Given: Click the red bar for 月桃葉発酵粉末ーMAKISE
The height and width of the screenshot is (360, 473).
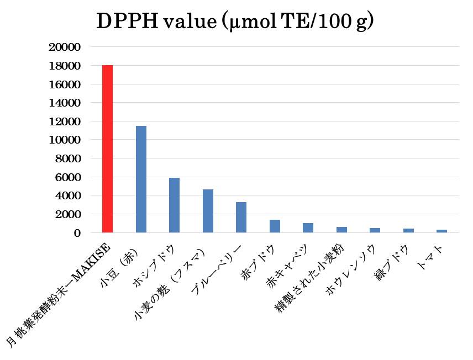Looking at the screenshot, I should [108, 149].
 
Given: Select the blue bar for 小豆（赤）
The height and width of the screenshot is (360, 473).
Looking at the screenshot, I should [141, 179].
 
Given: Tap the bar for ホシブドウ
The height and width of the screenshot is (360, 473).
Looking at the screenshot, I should [174, 205].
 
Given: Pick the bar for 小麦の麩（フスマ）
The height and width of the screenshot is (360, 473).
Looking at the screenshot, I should [208, 211].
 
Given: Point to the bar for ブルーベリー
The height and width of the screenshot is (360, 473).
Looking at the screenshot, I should [241, 218].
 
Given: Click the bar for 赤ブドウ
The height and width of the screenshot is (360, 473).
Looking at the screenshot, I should [275, 226].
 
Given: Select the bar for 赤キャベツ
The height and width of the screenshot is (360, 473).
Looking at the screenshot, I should [308, 228].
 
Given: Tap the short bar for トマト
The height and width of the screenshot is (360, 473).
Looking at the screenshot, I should [442, 231].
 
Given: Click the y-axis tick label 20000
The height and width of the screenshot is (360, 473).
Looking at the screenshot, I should [65, 47].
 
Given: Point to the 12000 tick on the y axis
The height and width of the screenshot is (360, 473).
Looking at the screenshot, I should [65, 121].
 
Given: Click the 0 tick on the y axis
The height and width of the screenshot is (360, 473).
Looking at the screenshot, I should [78, 233].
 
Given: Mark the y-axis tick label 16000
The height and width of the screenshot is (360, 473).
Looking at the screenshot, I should [65, 84].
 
